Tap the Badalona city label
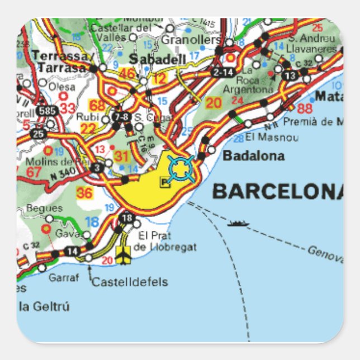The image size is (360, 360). click(x=253, y=156)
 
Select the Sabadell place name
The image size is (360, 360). click(x=149, y=59)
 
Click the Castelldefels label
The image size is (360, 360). click(x=129, y=282)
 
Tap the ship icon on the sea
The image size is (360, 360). click(x=237, y=224)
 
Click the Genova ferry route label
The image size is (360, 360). click(x=325, y=253)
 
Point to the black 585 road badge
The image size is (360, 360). click(x=47, y=111)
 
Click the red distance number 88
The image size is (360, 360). click(x=305, y=109)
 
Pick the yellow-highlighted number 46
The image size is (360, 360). click(x=128, y=73)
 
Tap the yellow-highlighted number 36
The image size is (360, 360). click(x=84, y=193)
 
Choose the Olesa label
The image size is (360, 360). click(x=61, y=87)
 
